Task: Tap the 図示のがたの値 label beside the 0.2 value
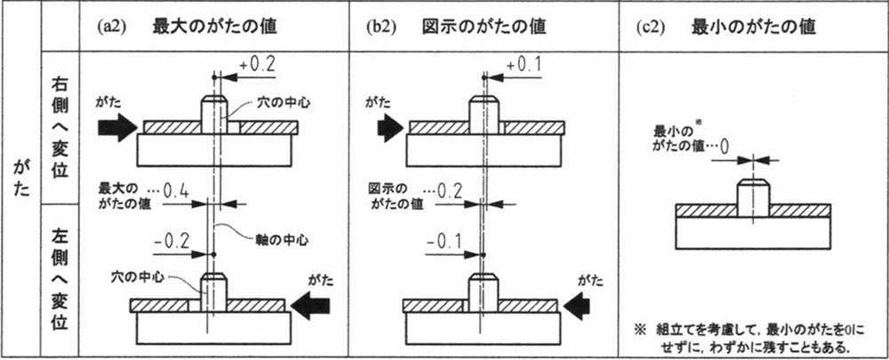pos(393,196)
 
